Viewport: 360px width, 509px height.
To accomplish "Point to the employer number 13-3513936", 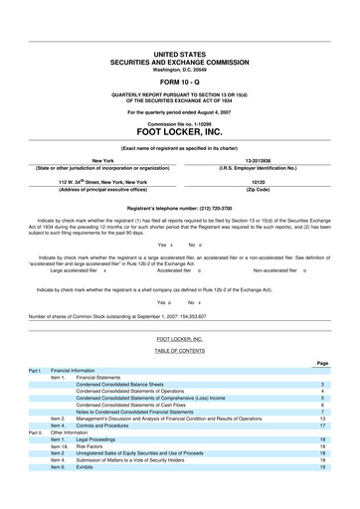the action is pos(260,159).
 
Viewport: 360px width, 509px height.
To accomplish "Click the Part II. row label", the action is pos(36,432).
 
